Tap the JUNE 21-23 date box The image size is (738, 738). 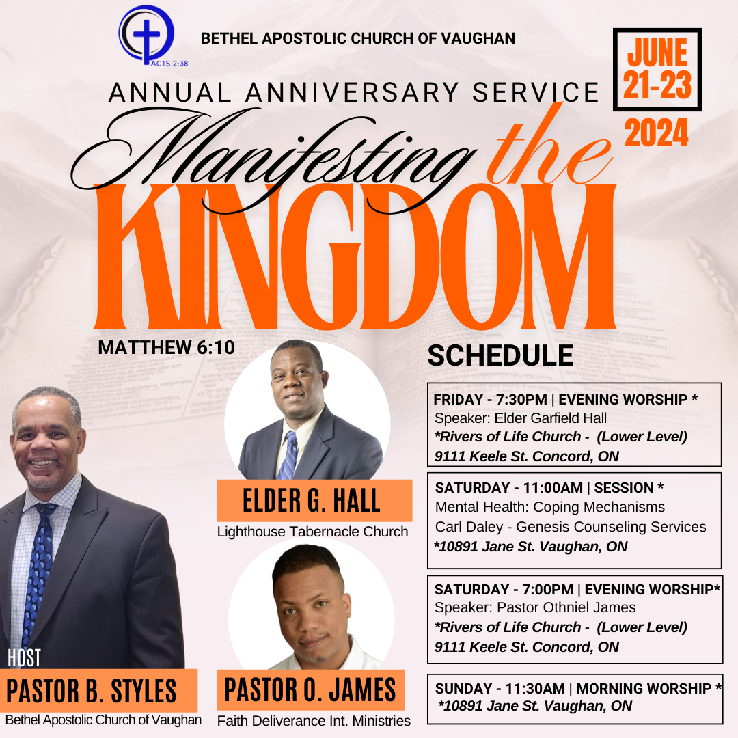click(x=657, y=70)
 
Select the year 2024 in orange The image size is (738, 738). click(x=657, y=133)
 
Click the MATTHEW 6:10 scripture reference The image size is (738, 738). click(x=166, y=347)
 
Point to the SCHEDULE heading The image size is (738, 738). click(x=500, y=355)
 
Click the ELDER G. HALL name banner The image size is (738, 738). click(x=314, y=500)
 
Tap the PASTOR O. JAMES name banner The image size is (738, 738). click(x=311, y=689)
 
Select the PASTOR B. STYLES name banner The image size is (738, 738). click(x=98, y=690)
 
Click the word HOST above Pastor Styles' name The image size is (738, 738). click(x=24, y=658)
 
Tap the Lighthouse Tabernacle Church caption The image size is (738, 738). click(x=312, y=532)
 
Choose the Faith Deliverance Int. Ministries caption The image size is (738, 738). click(x=314, y=721)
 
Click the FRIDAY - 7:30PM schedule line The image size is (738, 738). click(x=565, y=400)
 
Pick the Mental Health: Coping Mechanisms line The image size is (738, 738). click(x=549, y=507)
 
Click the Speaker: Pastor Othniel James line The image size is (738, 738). click(x=535, y=607)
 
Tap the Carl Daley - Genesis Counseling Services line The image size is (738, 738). click(x=571, y=527)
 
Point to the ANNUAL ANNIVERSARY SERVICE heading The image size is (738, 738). click(x=353, y=92)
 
